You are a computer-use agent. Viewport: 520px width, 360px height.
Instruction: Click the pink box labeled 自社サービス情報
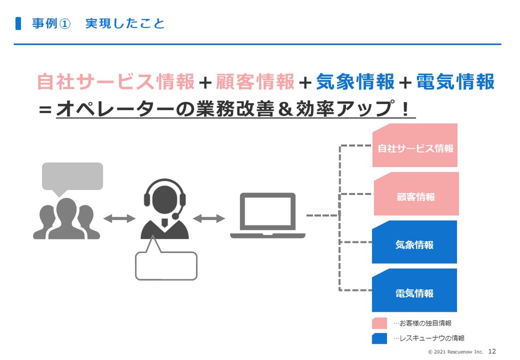point(415,146)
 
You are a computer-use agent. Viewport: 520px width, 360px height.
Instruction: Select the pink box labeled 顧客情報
point(416,194)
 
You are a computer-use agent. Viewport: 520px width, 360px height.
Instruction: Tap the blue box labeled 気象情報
point(414,242)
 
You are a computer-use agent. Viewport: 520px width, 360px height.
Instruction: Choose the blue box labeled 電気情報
point(414,290)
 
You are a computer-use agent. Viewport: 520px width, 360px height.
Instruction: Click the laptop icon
point(268,215)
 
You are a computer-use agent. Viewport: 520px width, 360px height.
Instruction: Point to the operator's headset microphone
point(175,216)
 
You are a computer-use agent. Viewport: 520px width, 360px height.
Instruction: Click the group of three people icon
point(67,219)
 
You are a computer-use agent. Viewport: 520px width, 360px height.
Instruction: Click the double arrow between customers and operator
point(119,218)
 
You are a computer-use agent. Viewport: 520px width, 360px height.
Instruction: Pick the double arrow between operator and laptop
point(209,218)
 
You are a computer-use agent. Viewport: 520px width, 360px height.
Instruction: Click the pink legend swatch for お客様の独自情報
point(379,323)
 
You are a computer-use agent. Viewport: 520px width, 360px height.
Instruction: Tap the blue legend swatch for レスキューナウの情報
point(379,339)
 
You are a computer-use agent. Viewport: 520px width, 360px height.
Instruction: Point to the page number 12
point(492,351)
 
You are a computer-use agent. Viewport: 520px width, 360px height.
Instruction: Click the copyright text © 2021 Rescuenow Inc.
point(456,352)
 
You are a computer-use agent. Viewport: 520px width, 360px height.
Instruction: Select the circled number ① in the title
point(64,24)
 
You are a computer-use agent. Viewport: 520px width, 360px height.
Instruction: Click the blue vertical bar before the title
point(18,23)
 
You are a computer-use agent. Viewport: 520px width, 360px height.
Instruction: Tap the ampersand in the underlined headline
point(285,109)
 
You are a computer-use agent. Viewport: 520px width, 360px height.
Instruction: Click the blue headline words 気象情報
point(355,82)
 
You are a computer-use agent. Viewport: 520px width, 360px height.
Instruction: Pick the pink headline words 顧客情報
point(255,82)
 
